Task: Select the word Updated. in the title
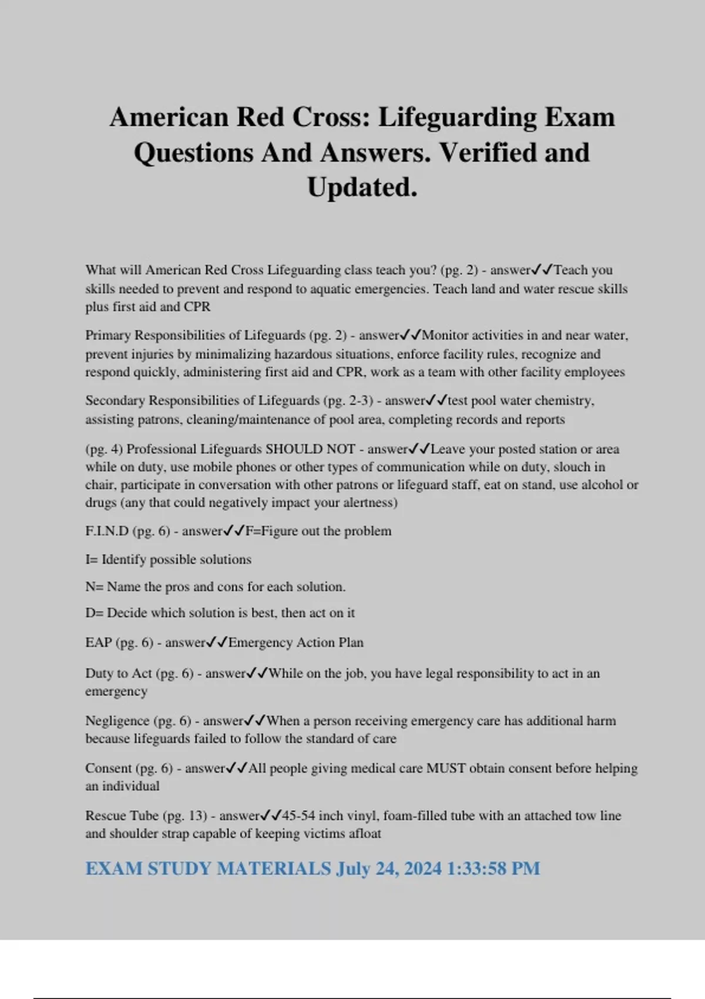[x=362, y=187]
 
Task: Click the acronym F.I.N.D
[x=107, y=531]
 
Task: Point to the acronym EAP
[x=98, y=642]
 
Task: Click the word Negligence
[x=117, y=720]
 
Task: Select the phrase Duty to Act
[x=118, y=673]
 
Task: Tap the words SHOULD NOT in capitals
[x=310, y=449]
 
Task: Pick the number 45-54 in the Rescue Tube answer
[x=298, y=816]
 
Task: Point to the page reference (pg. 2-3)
[x=348, y=401]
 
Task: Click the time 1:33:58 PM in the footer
[x=493, y=869]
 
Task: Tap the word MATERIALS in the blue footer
[x=274, y=869]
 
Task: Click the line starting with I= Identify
[x=168, y=559]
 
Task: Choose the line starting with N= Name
[x=215, y=586]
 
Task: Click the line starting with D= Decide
[x=220, y=613]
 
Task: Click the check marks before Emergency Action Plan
[x=217, y=642]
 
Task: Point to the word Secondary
[x=115, y=401]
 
